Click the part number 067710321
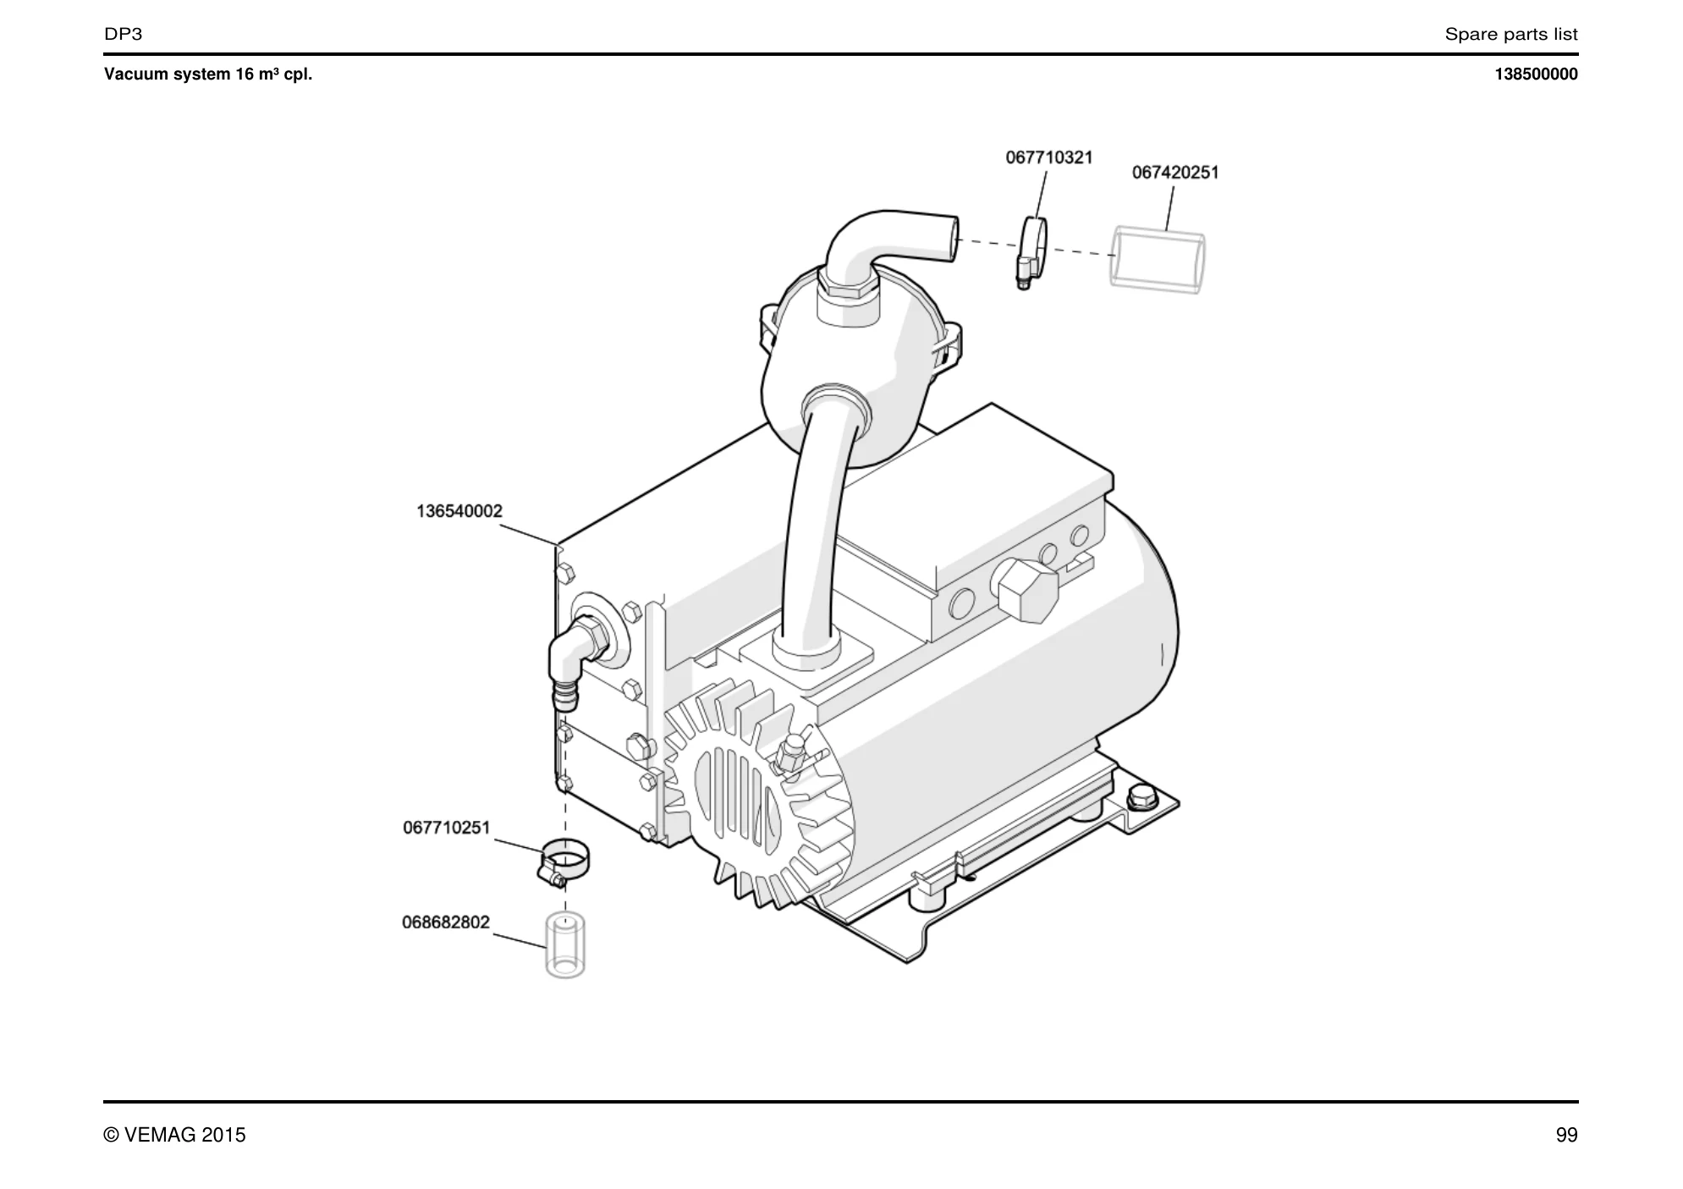pos(1048,157)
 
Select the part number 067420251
pos(1175,173)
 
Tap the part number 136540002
pos(459,511)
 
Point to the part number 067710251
pos(447,828)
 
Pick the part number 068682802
pos(446,922)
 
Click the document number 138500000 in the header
pos(1536,74)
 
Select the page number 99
pos(1567,1136)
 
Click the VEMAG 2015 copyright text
pos(175,1136)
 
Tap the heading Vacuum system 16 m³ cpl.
pos(208,74)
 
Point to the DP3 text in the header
pos(124,35)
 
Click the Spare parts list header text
pos(1511,35)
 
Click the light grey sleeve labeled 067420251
pos(1157,260)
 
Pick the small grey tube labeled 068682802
pos(565,945)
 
